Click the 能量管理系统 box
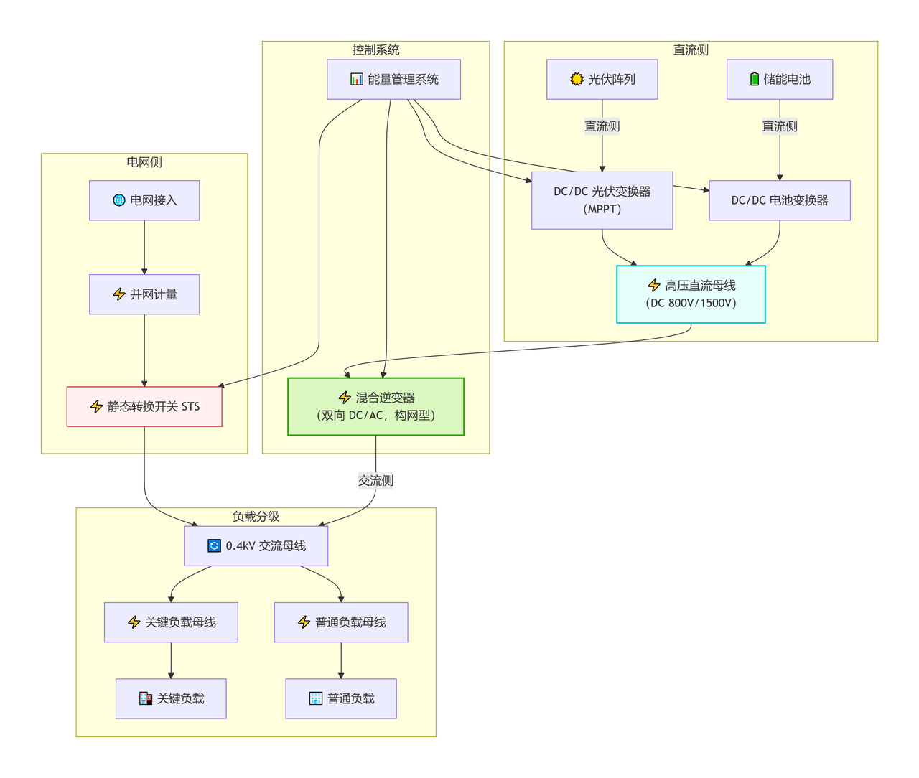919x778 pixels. coord(393,79)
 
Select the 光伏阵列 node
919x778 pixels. coord(602,79)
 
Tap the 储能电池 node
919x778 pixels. coord(780,79)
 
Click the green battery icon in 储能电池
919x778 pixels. coord(754,79)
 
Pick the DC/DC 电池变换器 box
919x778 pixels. coord(780,200)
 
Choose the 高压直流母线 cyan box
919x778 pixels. coord(691,294)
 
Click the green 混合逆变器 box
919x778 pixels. coord(375,406)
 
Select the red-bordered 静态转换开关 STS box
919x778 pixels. coord(144,406)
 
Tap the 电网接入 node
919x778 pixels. coord(144,200)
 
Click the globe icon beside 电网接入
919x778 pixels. coord(119,200)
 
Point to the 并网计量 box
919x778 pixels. coord(144,294)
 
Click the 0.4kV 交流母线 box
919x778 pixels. coord(256,546)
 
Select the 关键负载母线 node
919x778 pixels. coord(171,622)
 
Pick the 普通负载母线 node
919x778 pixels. coord(341,622)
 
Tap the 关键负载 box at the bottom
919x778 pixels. coord(171,698)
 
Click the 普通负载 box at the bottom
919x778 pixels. coord(341,698)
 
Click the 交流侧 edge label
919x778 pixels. coord(375,481)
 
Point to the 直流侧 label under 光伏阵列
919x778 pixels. coord(602,126)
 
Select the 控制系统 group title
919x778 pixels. coord(375,50)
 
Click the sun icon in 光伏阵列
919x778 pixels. coord(577,79)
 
